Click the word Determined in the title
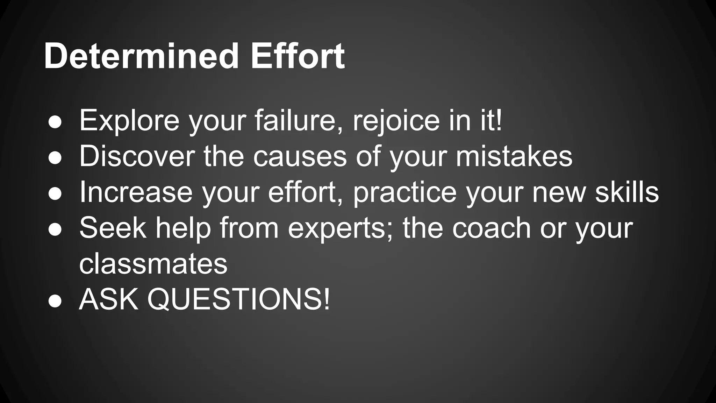141,56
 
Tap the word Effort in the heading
298,56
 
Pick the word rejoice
396,121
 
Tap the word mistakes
514,156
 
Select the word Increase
136,192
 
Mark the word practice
405,193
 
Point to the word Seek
113,228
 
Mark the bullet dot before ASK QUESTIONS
55,301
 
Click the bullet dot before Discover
55,158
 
